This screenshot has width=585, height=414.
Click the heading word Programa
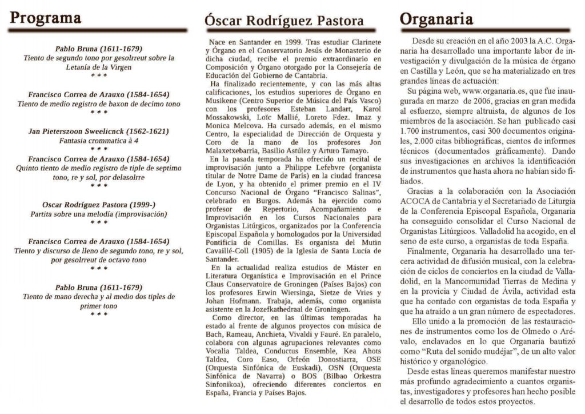pyautogui.click(x=46, y=18)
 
